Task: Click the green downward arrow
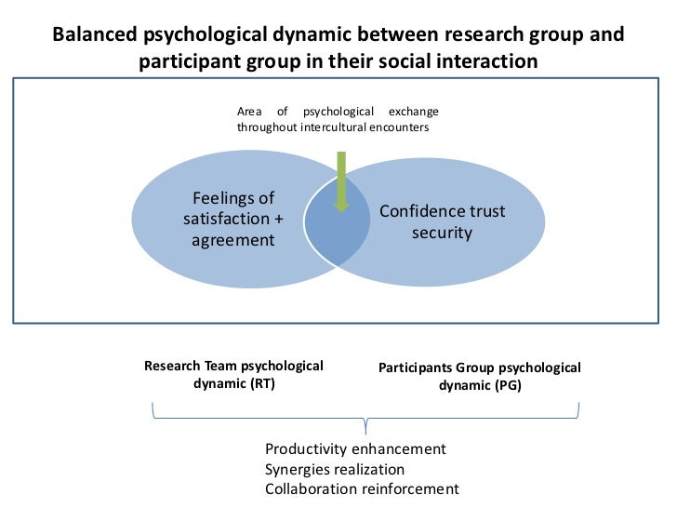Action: [341, 180]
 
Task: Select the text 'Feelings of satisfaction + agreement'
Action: [232, 220]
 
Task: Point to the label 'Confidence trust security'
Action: [443, 221]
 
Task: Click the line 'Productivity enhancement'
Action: [355, 449]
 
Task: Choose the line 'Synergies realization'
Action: [335, 470]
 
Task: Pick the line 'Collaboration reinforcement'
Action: [362, 489]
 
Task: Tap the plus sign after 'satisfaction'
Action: [277, 220]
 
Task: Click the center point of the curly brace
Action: [365, 427]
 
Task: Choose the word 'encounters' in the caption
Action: [401, 127]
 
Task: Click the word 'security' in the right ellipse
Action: [443, 232]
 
